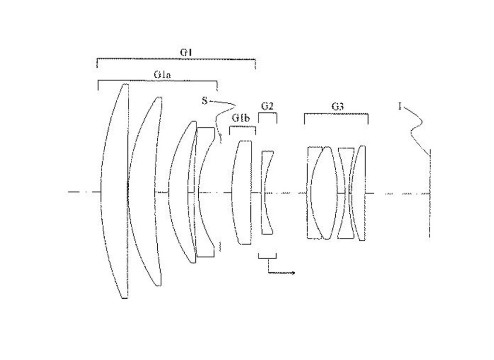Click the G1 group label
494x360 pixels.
pyautogui.click(x=186, y=52)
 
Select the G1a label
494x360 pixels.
pyautogui.click(x=163, y=75)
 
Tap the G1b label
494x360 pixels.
pyautogui.click(x=241, y=118)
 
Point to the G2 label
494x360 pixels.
pyautogui.click(x=267, y=106)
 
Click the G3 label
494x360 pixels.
pyautogui.click(x=337, y=106)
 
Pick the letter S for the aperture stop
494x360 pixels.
pyautogui.click(x=205, y=101)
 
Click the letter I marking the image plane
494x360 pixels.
pyautogui.click(x=400, y=107)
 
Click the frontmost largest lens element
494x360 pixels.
pyautogui.click(x=115, y=191)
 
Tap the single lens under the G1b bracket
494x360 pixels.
pyautogui.click(x=242, y=192)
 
